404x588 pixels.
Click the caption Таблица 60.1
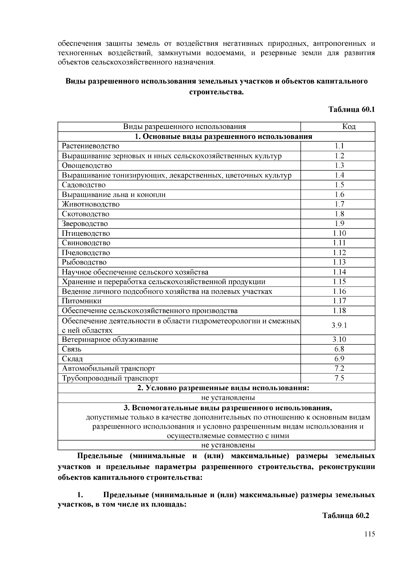(351, 110)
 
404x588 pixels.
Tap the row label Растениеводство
(90, 146)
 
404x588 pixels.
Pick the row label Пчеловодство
(86, 253)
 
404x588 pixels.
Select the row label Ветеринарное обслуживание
(110, 339)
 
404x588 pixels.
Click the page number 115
(369, 534)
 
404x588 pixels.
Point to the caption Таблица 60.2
(346, 516)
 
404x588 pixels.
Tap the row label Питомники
(81, 301)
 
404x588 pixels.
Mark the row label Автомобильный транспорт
(108, 369)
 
